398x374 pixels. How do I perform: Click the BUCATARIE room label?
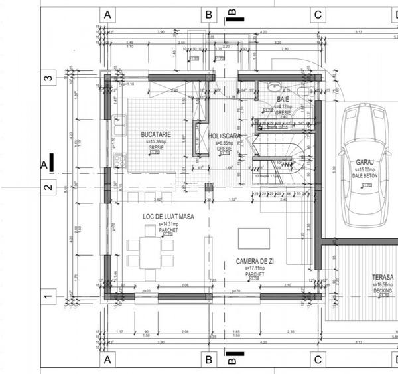[x=156, y=134]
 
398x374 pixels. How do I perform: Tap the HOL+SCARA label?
[x=224, y=136]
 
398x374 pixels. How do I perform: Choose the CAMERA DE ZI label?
[x=255, y=262]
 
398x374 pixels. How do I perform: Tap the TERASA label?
[x=383, y=277]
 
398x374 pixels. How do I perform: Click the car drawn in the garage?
[x=365, y=166]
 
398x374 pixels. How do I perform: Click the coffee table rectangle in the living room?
[x=254, y=238]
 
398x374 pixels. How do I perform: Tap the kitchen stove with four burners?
[x=119, y=159]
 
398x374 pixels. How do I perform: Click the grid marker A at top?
[x=107, y=15]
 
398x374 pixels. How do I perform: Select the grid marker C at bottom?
[x=318, y=360]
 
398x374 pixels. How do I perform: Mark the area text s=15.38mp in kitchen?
[x=156, y=142]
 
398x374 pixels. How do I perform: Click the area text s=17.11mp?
[x=255, y=268]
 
